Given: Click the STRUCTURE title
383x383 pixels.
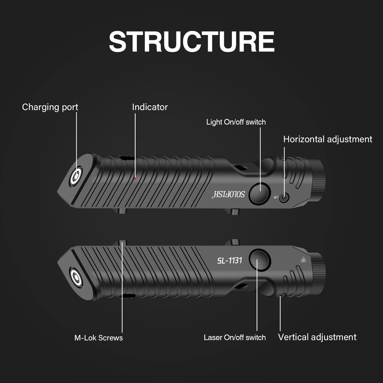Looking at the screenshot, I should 191,41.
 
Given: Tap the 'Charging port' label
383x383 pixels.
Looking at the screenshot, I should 50,107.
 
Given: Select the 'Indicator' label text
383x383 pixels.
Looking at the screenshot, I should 150,107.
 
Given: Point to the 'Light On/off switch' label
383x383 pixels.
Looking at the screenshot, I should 236,122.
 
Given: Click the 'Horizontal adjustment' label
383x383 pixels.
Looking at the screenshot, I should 328,139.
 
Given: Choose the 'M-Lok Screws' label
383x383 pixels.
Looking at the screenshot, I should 99,338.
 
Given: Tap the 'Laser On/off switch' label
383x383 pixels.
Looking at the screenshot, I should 235,338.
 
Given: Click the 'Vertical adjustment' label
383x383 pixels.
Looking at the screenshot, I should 317,337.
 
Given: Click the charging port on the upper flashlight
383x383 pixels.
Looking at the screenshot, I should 76,176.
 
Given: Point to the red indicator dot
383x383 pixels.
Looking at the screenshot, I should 136,178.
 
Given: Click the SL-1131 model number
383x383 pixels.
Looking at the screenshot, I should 229,261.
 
